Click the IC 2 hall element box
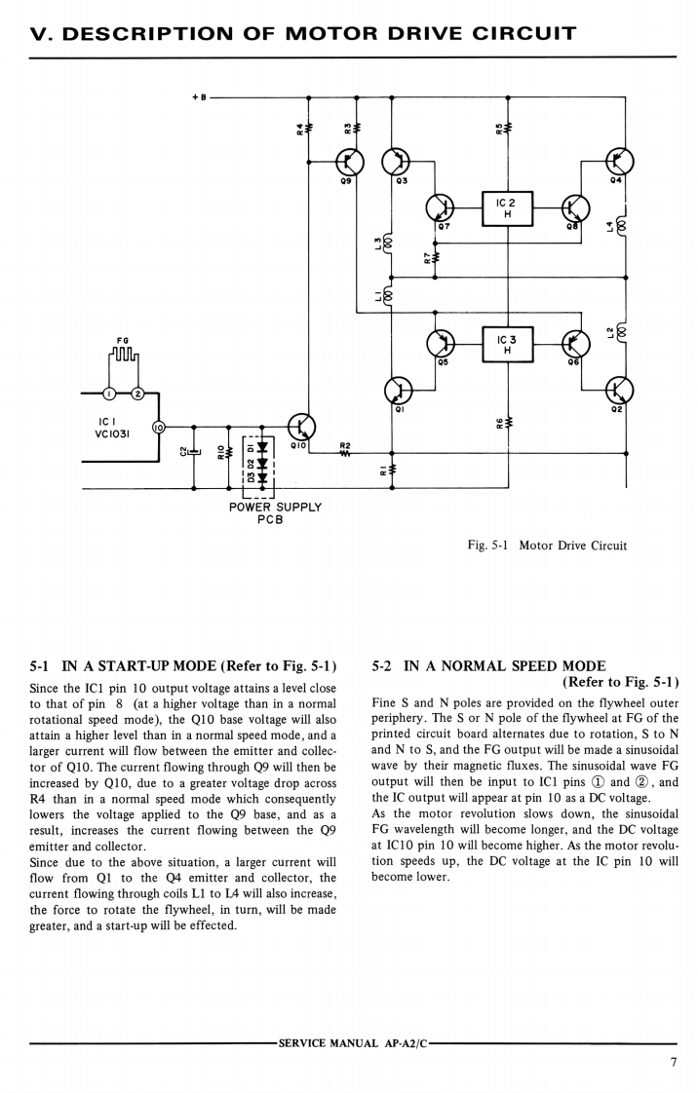(507, 208)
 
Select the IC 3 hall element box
(507, 344)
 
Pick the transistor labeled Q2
(618, 391)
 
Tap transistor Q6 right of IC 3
(575, 344)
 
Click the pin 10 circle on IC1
(160, 426)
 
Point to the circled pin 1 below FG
(110, 394)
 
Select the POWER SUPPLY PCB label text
(275, 512)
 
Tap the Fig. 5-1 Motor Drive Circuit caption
(547, 546)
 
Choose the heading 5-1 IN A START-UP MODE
(184, 666)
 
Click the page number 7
(673, 1062)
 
